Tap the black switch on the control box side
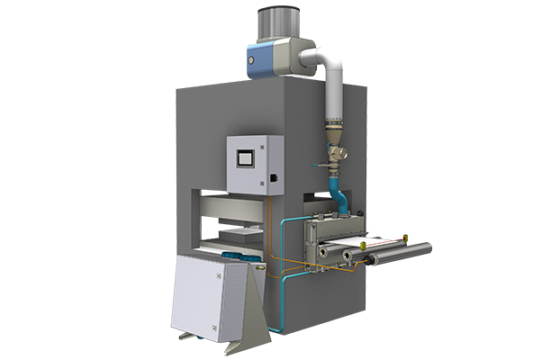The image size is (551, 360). tap(273, 181)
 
